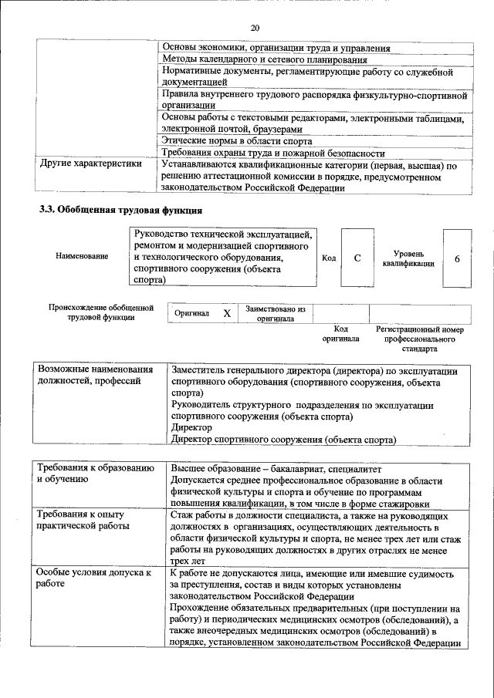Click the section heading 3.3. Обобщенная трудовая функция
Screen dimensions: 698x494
pos(121,210)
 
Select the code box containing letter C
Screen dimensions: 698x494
pos(358,258)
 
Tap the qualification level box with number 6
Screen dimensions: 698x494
pos(457,258)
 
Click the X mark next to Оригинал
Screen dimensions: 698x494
pos(226,314)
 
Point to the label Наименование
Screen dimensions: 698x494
pos(82,256)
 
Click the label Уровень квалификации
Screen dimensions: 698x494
pos(408,258)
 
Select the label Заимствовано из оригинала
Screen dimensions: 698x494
pos(276,314)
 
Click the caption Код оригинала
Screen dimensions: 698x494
pos(340,333)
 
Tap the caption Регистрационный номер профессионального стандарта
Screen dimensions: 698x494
pos(419,339)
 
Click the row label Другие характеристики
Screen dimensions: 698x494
pos(90,164)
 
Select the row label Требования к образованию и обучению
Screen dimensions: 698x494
pos(91,474)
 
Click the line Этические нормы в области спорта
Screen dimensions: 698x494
pos(237,140)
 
